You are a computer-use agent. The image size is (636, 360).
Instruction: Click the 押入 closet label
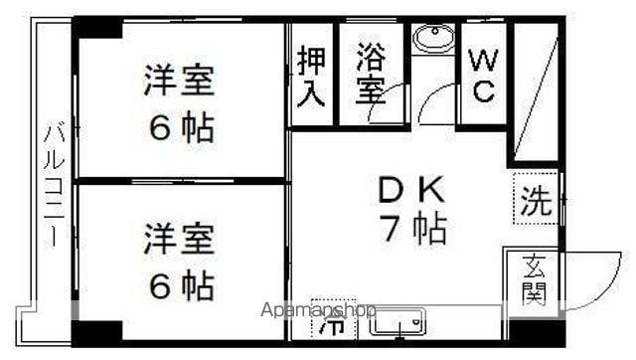[x=311, y=78]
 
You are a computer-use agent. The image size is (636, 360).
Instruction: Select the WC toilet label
[x=484, y=76]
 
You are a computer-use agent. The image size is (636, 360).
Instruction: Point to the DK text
[x=410, y=189]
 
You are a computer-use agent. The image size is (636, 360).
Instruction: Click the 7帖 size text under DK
[x=413, y=229]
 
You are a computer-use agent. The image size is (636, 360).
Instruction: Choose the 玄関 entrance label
[x=534, y=280]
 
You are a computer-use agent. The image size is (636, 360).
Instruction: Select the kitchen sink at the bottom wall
[x=397, y=321]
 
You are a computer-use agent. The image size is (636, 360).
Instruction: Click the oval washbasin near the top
[x=433, y=38]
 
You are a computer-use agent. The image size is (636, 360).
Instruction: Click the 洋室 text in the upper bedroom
[x=179, y=80]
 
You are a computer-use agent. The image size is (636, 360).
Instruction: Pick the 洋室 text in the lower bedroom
[x=179, y=239]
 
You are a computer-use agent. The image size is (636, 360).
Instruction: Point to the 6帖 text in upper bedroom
[x=181, y=127]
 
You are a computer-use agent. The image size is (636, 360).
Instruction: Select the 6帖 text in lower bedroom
[x=181, y=285]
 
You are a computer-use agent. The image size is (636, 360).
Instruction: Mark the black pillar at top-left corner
[x=97, y=28]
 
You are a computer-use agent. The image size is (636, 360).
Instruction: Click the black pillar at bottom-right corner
[x=537, y=332]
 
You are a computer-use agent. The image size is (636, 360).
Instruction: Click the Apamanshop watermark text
[x=318, y=310]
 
